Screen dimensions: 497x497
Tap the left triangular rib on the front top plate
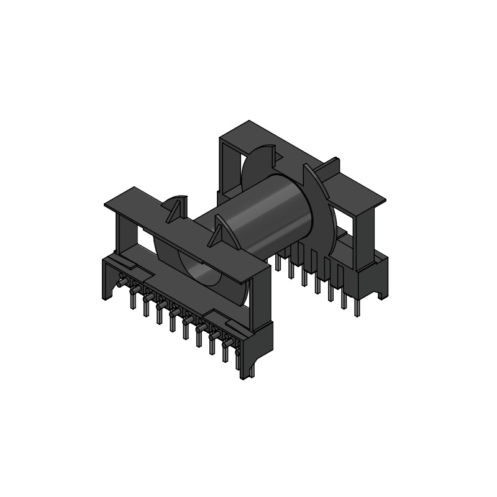coord(177,208)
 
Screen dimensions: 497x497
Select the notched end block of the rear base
coord(378,280)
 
